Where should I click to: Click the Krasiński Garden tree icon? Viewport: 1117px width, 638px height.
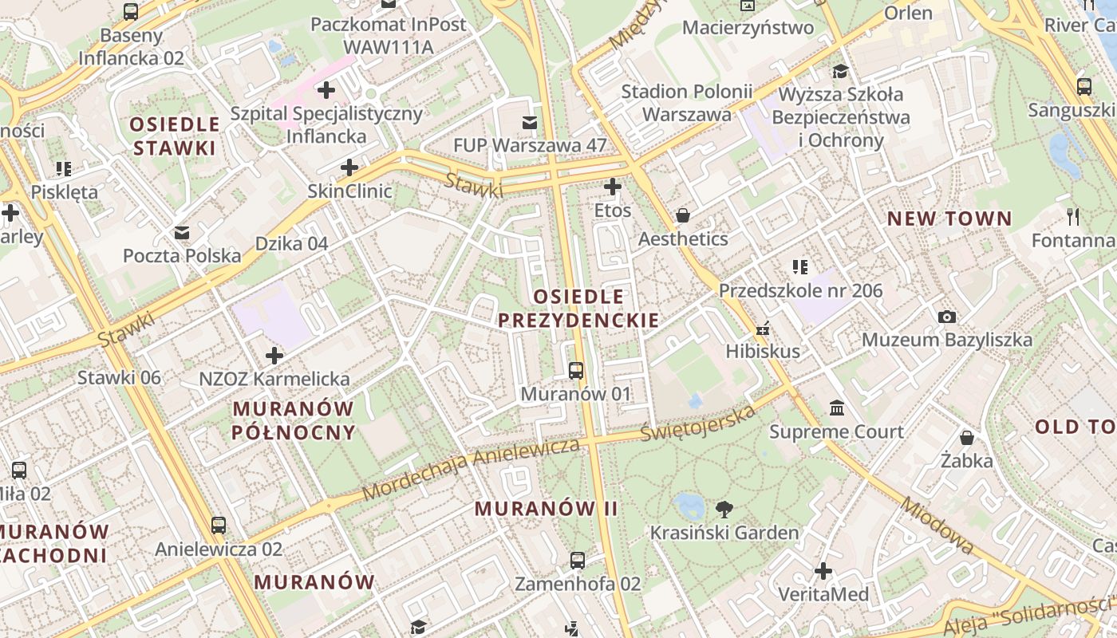(x=724, y=509)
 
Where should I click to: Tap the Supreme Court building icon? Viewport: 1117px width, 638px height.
(x=837, y=408)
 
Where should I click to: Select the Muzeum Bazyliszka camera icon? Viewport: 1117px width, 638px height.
(x=947, y=317)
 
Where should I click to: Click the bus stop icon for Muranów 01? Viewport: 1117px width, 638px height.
(x=575, y=370)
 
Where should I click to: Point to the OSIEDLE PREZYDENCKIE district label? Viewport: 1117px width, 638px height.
(x=578, y=309)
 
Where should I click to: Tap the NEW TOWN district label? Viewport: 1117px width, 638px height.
(x=949, y=219)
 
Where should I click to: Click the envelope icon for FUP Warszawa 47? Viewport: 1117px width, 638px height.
(x=529, y=123)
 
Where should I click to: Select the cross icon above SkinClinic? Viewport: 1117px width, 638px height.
(x=349, y=167)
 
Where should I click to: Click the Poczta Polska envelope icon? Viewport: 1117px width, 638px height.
(x=182, y=232)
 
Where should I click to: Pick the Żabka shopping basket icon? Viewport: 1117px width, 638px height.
(x=966, y=438)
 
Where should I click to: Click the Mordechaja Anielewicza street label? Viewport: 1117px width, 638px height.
(x=471, y=469)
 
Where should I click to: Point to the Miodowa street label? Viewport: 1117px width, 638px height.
(x=937, y=526)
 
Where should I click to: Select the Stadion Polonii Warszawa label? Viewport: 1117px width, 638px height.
(x=686, y=103)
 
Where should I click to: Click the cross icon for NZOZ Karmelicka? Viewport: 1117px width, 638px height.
(x=274, y=355)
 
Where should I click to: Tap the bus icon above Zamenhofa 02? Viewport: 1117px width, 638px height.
(x=578, y=560)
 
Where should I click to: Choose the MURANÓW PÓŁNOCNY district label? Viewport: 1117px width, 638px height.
(x=294, y=420)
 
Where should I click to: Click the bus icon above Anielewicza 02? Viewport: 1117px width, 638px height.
(x=218, y=525)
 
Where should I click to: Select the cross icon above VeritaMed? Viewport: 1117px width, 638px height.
(x=823, y=571)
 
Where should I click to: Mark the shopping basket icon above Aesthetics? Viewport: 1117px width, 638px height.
(x=682, y=215)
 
